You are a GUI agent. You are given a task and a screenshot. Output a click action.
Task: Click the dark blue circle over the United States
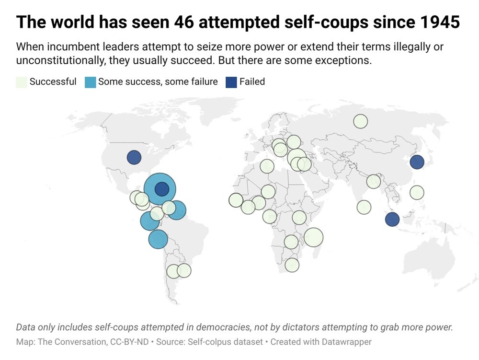pyautogui.click(x=134, y=157)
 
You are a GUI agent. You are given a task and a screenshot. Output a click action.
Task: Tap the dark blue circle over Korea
pyautogui.click(x=417, y=162)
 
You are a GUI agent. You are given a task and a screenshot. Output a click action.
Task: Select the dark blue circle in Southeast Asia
pyautogui.click(x=392, y=219)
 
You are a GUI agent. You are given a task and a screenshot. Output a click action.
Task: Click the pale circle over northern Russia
pyautogui.click(x=360, y=121)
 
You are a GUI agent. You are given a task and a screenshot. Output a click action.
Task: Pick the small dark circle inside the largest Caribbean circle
pyautogui.click(x=162, y=189)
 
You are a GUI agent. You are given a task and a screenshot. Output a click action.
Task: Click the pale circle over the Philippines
pyautogui.click(x=417, y=193)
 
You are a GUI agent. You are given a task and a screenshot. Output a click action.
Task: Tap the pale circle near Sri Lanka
pyautogui.click(x=364, y=207)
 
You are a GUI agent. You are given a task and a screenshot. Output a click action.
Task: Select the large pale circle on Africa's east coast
pyautogui.click(x=313, y=237)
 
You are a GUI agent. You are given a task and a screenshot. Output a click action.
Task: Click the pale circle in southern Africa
pyautogui.click(x=292, y=265)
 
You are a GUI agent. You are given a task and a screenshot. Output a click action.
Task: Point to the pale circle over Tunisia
pyautogui.click(x=267, y=166)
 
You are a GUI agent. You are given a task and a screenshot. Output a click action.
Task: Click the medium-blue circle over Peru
pyautogui.click(x=158, y=239)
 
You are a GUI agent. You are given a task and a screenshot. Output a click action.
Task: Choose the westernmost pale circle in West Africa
pyautogui.click(x=236, y=200)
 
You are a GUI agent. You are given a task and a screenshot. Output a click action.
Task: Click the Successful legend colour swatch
pyautogui.click(x=21, y=82)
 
